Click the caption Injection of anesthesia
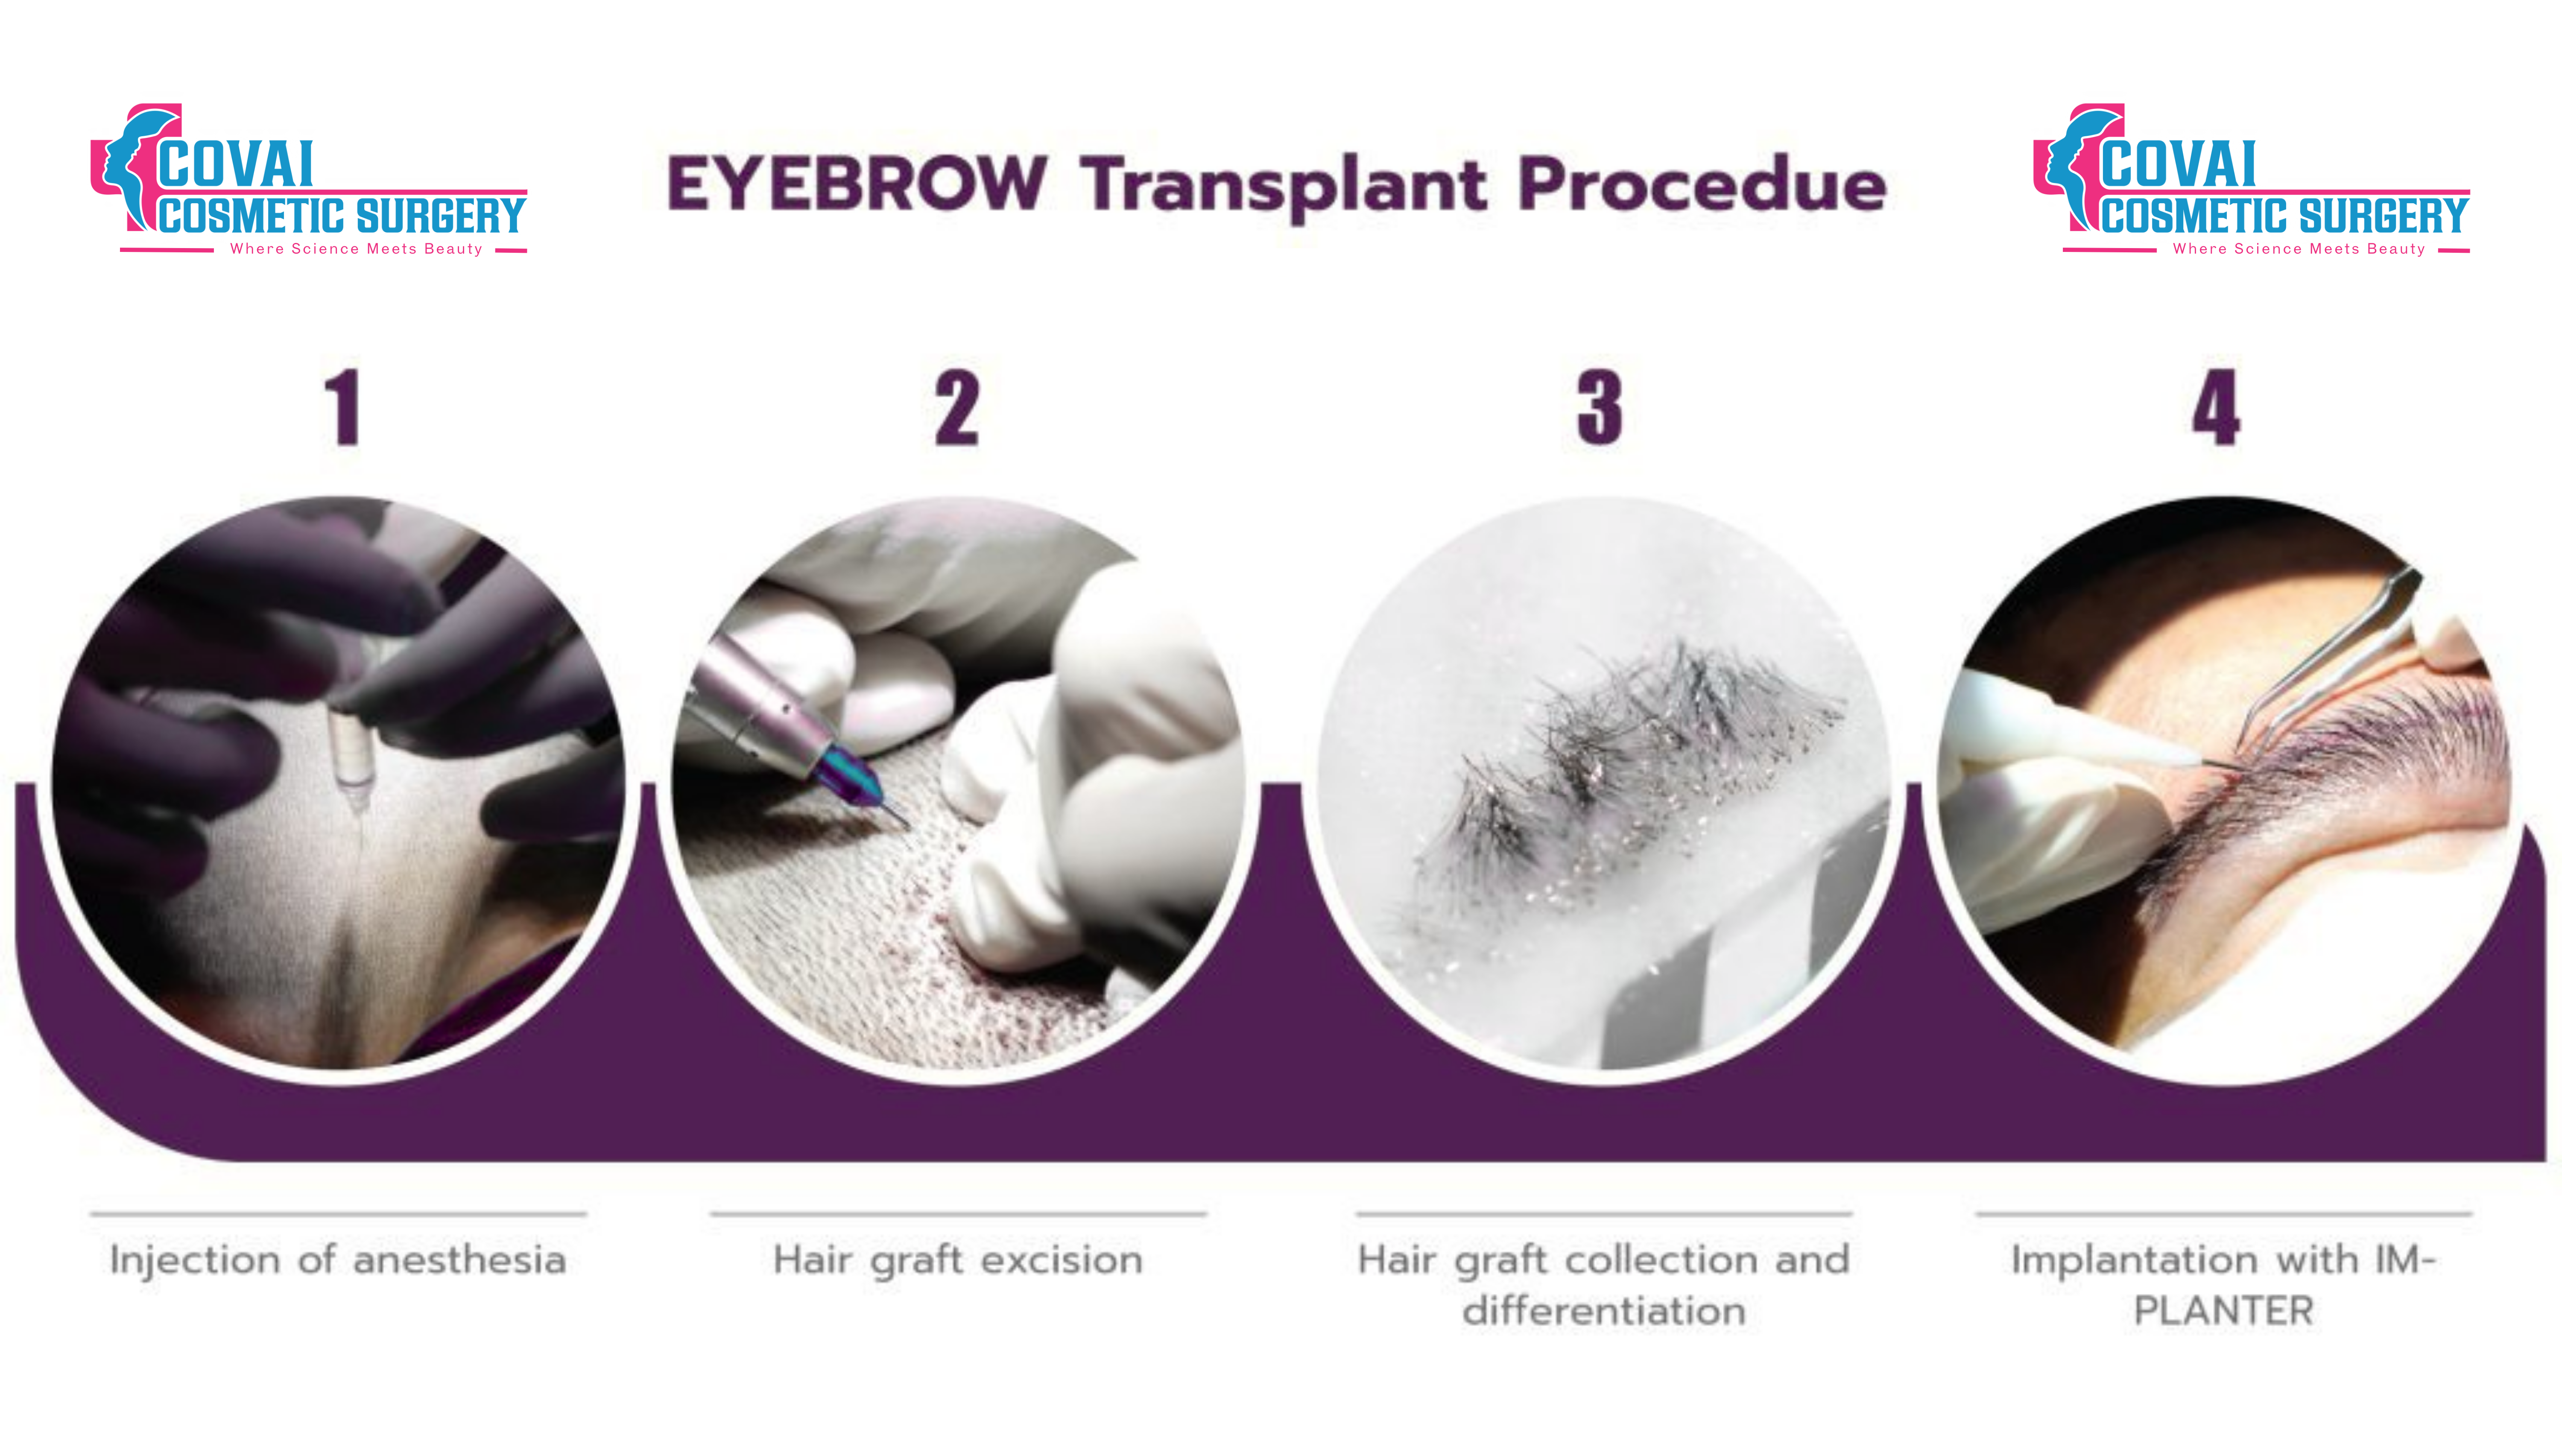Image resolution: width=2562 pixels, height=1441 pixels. [338, 1260]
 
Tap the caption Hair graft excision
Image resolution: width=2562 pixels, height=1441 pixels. [958, 1260]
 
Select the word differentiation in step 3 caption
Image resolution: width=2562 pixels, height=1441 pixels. [1603, 1311]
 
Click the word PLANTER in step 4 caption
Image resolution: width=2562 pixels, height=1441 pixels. [2224, 1311]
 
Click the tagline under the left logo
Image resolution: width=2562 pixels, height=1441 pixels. [356, 248]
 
